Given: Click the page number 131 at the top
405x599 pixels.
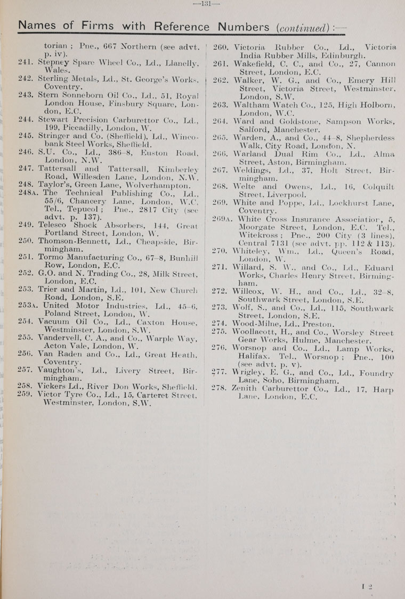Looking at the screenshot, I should coord(203,3).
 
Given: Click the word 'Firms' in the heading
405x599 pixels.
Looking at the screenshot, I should coord(94,26).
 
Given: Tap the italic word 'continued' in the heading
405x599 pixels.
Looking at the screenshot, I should coord(301,26).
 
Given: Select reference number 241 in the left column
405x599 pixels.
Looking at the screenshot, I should coord(26,62).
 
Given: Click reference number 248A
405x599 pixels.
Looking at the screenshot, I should coord(29,193).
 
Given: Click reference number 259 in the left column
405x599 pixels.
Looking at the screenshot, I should coord(26,395).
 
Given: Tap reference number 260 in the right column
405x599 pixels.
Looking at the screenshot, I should coord(221,46).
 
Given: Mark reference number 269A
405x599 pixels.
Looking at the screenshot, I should coord(223,219).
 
